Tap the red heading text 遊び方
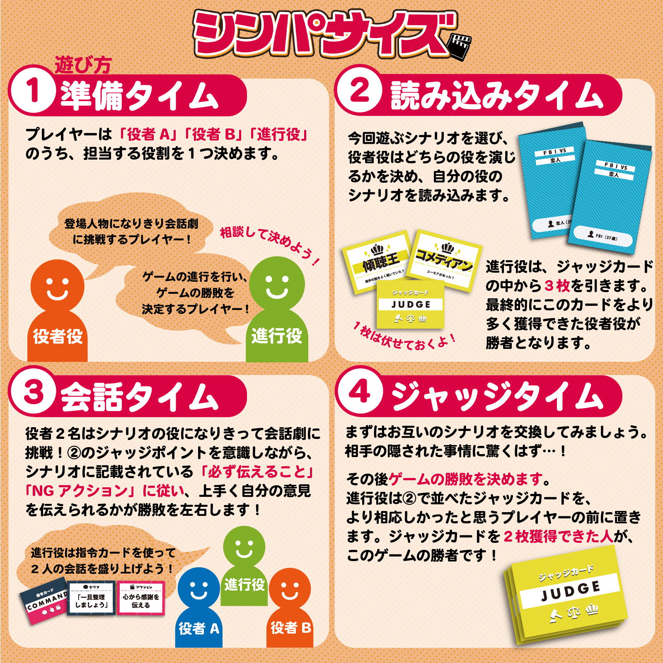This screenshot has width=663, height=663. pyautogui.click(x=83, y=65)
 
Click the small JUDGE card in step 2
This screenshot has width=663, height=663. pyautogui.click(x=410, y=305)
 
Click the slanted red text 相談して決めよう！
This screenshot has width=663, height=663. pyautogui.click(x=269, y=244)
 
